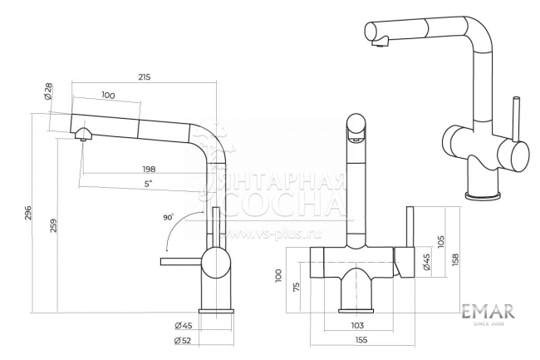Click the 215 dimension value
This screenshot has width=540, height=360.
tap(144, 77)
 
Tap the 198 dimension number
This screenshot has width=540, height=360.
tap(149, 169)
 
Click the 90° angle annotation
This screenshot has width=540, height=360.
tap(169, 217)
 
